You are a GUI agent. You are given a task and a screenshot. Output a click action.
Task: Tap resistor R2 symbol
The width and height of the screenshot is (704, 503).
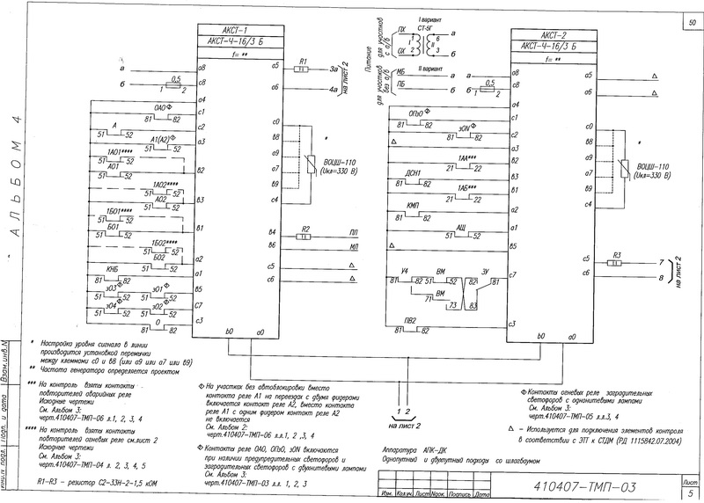304,236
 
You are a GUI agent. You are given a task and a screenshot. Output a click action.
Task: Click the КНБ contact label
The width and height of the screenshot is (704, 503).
113,268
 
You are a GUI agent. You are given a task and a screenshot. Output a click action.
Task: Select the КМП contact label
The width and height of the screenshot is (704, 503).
412,205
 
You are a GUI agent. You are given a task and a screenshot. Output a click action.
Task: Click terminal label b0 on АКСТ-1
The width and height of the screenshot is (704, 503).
230,333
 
